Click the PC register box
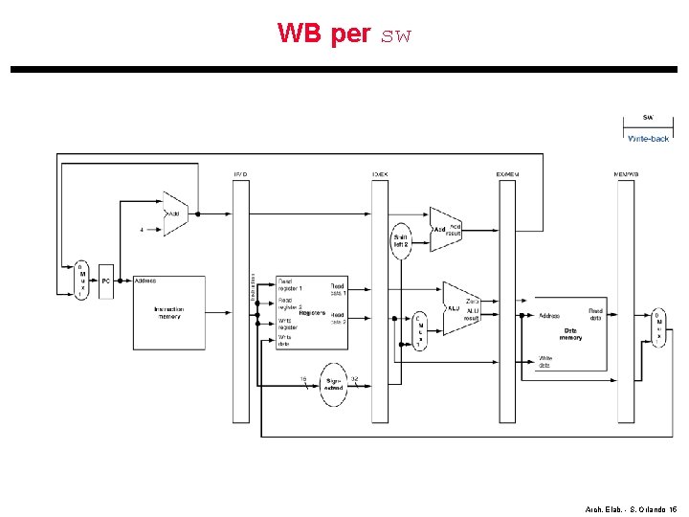click(106, 281)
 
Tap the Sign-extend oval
click(333, 383)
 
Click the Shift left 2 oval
click(401, 240)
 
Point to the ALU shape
click(460, 307)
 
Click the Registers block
click(311, 312)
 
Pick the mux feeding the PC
click(82, 281)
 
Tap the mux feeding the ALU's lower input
click(418, 330)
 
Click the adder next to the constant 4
click(175, 214)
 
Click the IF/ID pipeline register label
click(240, 174)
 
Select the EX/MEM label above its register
click(507, 174)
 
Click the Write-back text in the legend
click(648, 139)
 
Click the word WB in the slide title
click(298, 34)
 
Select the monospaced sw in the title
click(395, 36)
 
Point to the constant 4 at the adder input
click(142, 230)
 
